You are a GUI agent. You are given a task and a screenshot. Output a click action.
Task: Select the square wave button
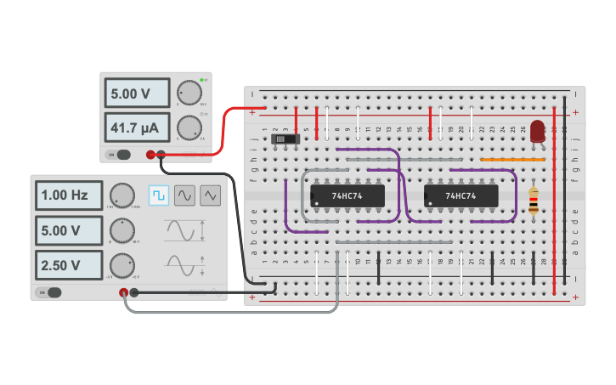(159, 195)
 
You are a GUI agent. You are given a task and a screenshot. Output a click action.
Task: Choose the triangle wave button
(210, 195)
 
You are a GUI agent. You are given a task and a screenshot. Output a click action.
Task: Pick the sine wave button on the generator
(184, 195)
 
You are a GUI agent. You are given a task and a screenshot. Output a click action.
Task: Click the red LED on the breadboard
(537, 131)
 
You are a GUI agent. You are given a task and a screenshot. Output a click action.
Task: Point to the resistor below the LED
(533, 201)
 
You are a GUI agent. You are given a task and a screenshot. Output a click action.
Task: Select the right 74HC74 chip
(461, 195)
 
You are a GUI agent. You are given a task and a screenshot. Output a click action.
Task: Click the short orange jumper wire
(512, 159)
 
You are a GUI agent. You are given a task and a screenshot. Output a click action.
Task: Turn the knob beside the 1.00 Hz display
(122, 195)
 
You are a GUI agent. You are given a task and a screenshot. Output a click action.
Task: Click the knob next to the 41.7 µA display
(188, 128)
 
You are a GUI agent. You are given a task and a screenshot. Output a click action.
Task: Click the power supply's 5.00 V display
(136, 93)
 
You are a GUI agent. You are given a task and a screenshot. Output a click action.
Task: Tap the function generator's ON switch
(51, 292)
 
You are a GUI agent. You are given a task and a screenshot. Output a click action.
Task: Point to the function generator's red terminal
(124, 292)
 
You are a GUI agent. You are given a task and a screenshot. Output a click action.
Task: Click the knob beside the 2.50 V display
(123, 265)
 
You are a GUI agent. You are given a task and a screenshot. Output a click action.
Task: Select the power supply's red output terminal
(150, 154)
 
